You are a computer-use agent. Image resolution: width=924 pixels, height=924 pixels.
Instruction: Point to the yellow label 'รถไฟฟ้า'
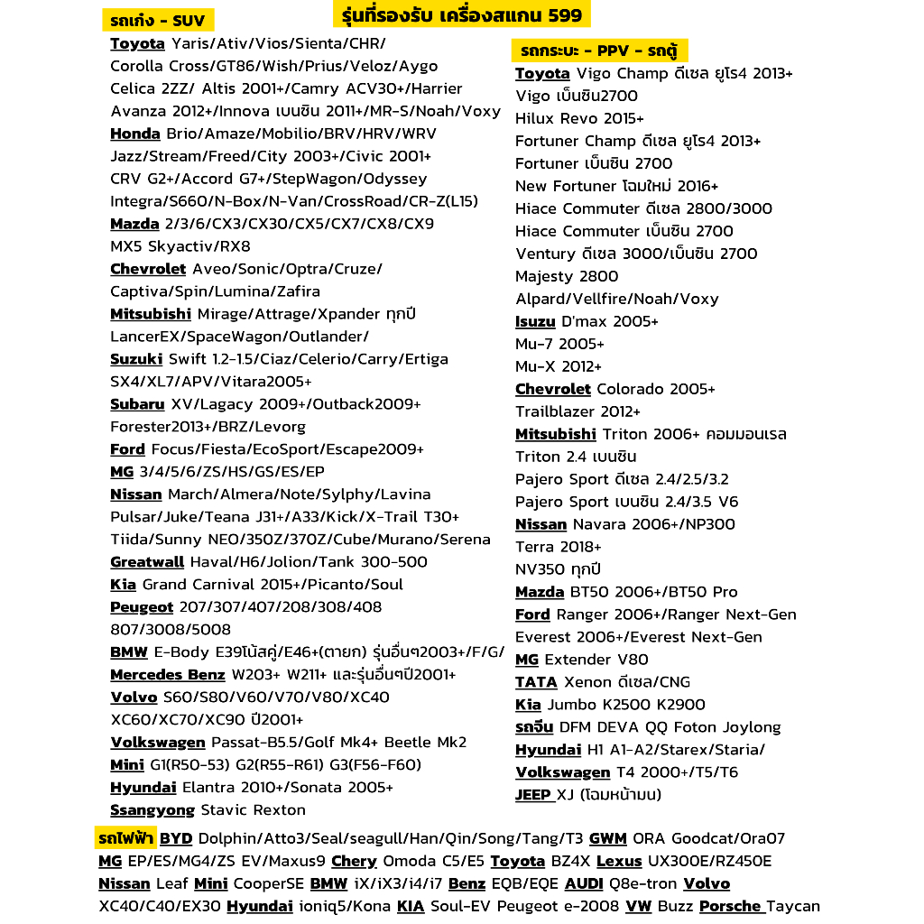pyautogui.click(x=126, y=839)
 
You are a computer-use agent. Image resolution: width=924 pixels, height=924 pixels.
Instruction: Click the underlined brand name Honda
pyautogui.click(x=135, y=134)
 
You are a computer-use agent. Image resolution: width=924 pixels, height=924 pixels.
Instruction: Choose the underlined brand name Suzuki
pyautogui.click(x=136, y=359)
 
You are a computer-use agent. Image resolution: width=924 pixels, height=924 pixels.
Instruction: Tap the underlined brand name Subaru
pyautogui.click(x=137, y=404)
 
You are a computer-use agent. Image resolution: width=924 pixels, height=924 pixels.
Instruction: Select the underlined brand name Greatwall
pyautogui.click(x=147, y=562)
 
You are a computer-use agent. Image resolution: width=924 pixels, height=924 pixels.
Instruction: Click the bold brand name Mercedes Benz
pyautogui.click(x=168, y=675)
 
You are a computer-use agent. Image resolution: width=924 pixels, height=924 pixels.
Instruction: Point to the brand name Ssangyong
pyautogui.click(x=152, y=810)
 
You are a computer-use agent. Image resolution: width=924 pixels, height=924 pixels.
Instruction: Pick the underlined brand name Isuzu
pyautogui.click(x=535, y=321)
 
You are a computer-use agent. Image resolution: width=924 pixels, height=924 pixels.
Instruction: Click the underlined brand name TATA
pyautogui.click(x=536, y=682)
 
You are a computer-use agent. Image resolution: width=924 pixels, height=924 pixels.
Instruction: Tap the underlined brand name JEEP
pyautogui.click(x=533, y=795)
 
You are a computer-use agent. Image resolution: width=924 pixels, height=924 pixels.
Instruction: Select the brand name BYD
pyautogui.click(x=176, y=839)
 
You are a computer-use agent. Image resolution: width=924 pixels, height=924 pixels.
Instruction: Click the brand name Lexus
pyautogui.click(x=619, y=862)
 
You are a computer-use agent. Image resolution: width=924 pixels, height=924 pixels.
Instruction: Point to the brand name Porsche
pyautogui.click(x=730, y=906)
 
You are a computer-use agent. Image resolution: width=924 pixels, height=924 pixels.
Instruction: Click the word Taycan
pyautogui.click(x=793, y=906)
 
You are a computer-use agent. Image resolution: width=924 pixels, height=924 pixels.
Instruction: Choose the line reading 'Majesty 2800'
pyautogui.click(x=567, y=276)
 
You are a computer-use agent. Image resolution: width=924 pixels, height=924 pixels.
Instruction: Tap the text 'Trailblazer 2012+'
pyautogui.click(x=578, y=411)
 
